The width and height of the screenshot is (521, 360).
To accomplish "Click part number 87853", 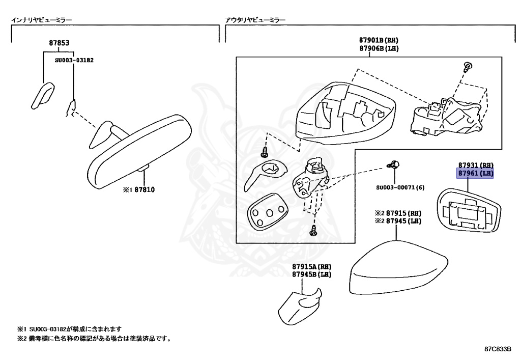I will point(59,43).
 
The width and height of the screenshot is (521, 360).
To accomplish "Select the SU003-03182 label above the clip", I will point(74,60).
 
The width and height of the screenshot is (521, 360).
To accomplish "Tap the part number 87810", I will point(144,190).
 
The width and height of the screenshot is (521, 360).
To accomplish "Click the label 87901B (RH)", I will point(379,40).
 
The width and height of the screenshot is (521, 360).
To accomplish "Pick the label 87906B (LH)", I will point(379,48).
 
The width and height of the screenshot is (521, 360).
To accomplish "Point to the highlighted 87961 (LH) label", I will point(476,173).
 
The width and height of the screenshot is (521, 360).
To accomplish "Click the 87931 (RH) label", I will point(476,165).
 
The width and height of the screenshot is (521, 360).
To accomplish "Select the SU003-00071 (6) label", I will point(400,187).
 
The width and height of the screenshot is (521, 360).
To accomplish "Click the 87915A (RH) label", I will point(312,266).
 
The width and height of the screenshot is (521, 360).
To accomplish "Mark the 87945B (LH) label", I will point(312,274).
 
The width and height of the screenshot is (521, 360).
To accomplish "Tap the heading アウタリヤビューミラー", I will point(255,20).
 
